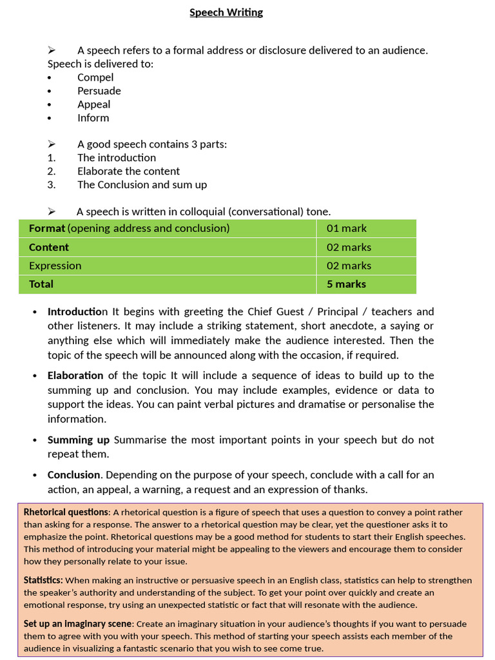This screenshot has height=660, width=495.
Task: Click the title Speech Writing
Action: pos(226,12)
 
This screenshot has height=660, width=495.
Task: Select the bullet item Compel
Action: pos(95,77)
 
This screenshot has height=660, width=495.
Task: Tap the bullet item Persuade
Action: pos(99,91)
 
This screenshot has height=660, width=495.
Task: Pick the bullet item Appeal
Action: pos(93,104)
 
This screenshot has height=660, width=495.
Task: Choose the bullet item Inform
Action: pos(93,118)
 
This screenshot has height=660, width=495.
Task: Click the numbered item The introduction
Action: pos(116,158)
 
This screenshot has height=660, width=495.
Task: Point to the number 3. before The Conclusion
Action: pos(52,185)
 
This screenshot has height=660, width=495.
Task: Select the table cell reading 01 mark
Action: pos(346,228)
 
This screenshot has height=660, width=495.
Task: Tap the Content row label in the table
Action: pos(49,247)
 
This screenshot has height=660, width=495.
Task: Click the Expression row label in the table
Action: pos(55,266)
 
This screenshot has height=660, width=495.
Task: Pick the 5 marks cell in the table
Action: pos(346,284)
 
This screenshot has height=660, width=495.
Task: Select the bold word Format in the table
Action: pos(47,228)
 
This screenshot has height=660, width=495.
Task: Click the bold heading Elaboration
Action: pos(75,375)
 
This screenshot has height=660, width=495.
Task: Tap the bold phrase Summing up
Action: pos(79,440)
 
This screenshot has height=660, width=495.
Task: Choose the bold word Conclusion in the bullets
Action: pos(73,475)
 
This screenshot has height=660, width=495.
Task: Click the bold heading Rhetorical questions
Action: pos(67,512)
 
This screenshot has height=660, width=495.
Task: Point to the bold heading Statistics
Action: pos(43,581)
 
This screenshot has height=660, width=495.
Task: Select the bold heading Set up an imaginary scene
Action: pos(77,624)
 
